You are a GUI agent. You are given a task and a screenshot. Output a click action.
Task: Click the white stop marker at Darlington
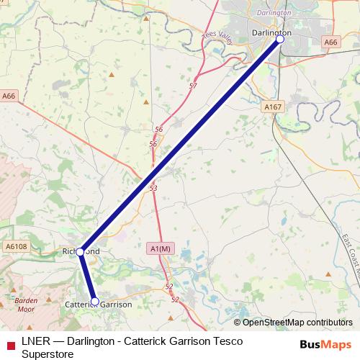pyautogui.click(x=280, y=40)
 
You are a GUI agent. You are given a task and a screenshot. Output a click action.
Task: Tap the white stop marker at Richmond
pyautogui.click(x=81, y=252)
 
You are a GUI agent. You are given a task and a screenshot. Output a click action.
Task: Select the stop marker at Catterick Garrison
pyautogui.click(x=95, y=301)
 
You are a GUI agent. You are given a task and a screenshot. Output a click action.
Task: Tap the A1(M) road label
pyautogui.click(x=161, y=248)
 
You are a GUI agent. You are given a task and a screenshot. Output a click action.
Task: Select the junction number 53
pyautogui.click(x=153, y=188)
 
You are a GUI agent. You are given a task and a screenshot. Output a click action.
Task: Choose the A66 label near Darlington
pyautogui.click(x=330, y=43)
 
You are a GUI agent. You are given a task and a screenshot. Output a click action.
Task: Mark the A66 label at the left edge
pyautogui.click(x=9, y=95)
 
